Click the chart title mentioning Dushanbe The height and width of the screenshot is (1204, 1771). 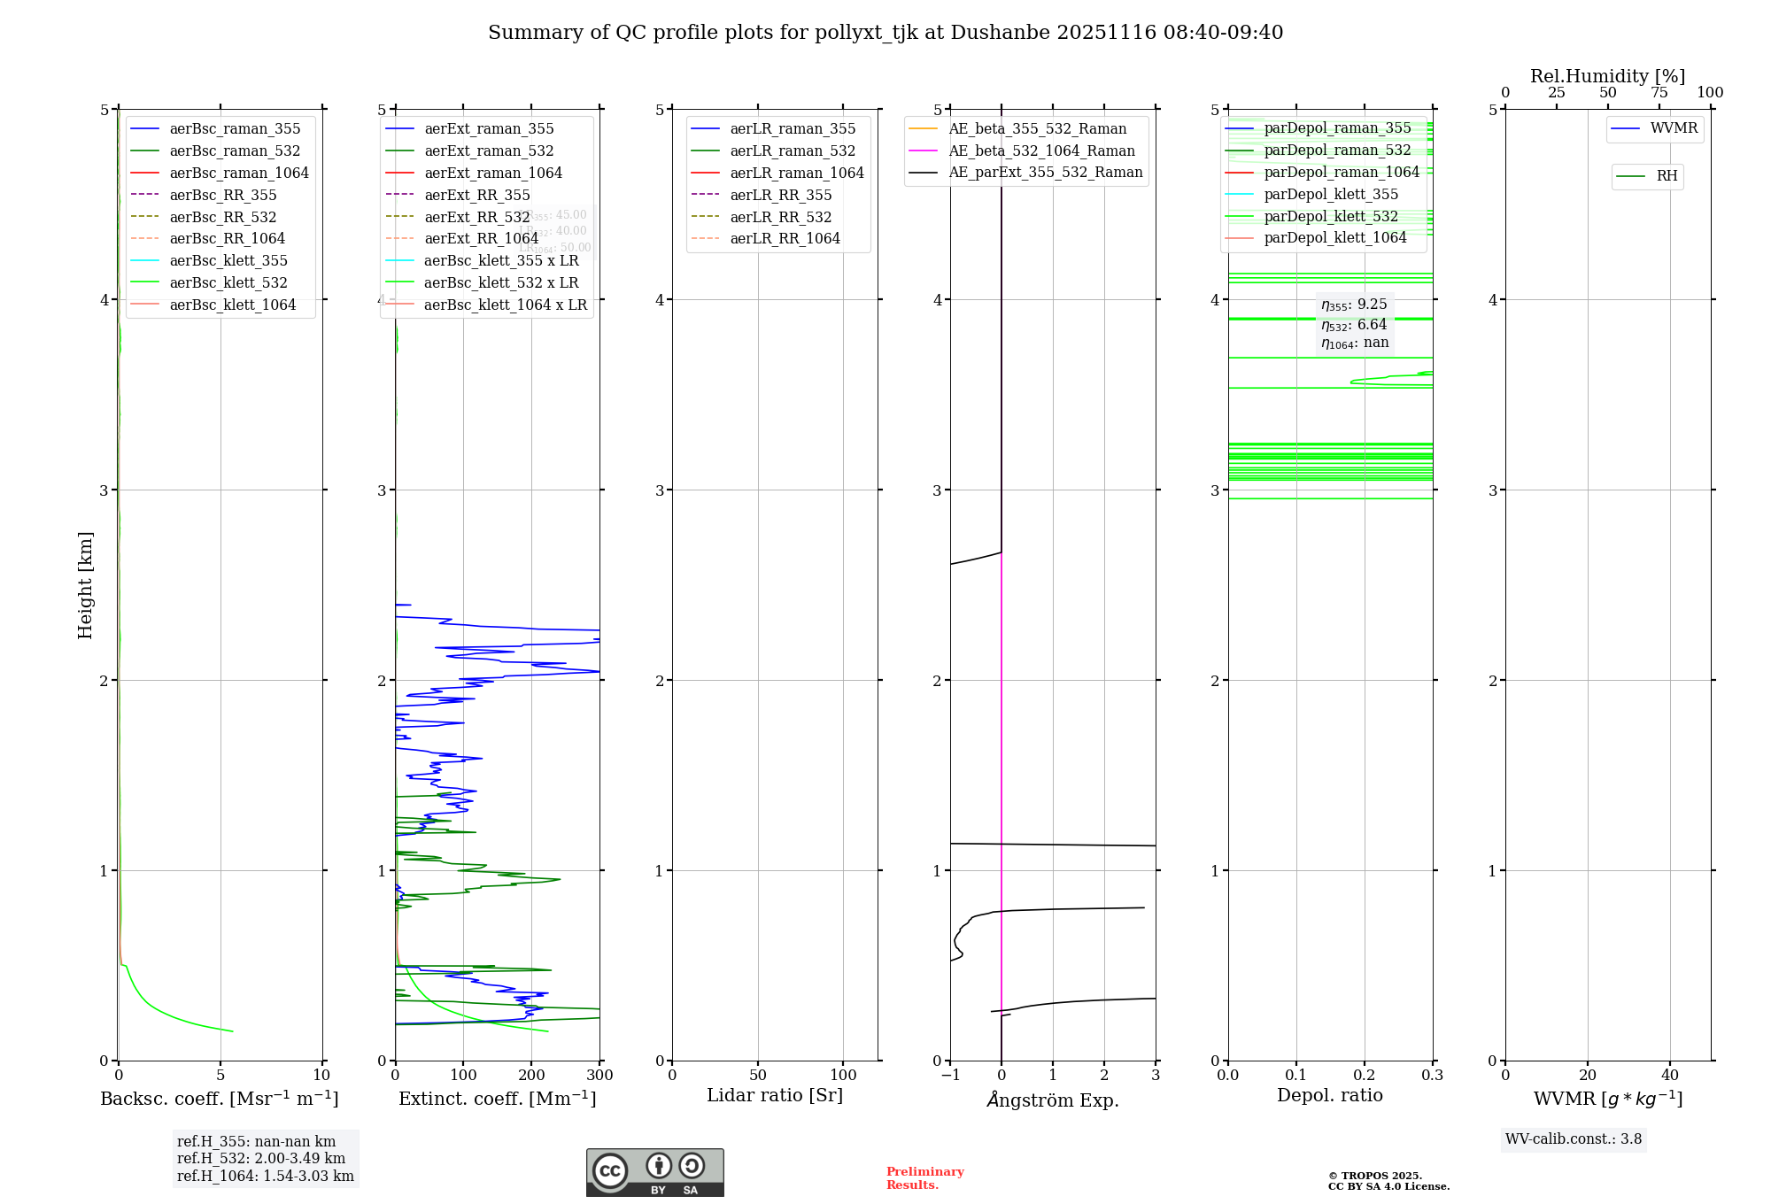(885, 33)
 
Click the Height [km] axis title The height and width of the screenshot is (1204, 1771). (85, 584)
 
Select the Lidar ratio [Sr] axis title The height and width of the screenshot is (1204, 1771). (775, 1095)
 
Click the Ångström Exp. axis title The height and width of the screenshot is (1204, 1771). (1053, 1100)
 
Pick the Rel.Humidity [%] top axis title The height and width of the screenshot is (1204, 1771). (1607, 76)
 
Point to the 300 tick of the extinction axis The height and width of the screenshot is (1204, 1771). (599, 1076)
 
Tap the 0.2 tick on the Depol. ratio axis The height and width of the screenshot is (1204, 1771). (1365, 1076)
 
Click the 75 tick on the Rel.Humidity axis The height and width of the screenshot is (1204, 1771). (1659, 93)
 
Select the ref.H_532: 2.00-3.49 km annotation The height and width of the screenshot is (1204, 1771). (261, 1159)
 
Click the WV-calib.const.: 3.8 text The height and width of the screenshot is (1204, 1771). (1574, 1139)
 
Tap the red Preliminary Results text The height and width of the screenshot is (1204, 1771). (924, 1178)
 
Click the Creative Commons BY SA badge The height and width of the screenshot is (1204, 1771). (654, 1172)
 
